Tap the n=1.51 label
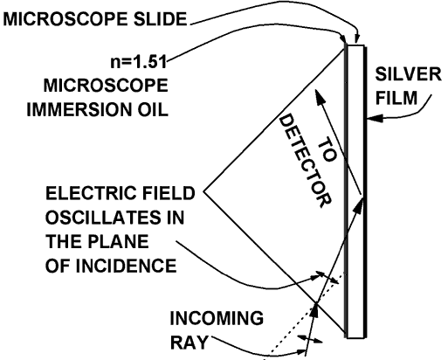pos(139,62)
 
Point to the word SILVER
pos(408,74)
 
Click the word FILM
pos(396,98)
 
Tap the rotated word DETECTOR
pos(305,161)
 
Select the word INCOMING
pos(217,318)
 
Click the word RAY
pos(189,343)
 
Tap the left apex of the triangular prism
pos(204,191)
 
